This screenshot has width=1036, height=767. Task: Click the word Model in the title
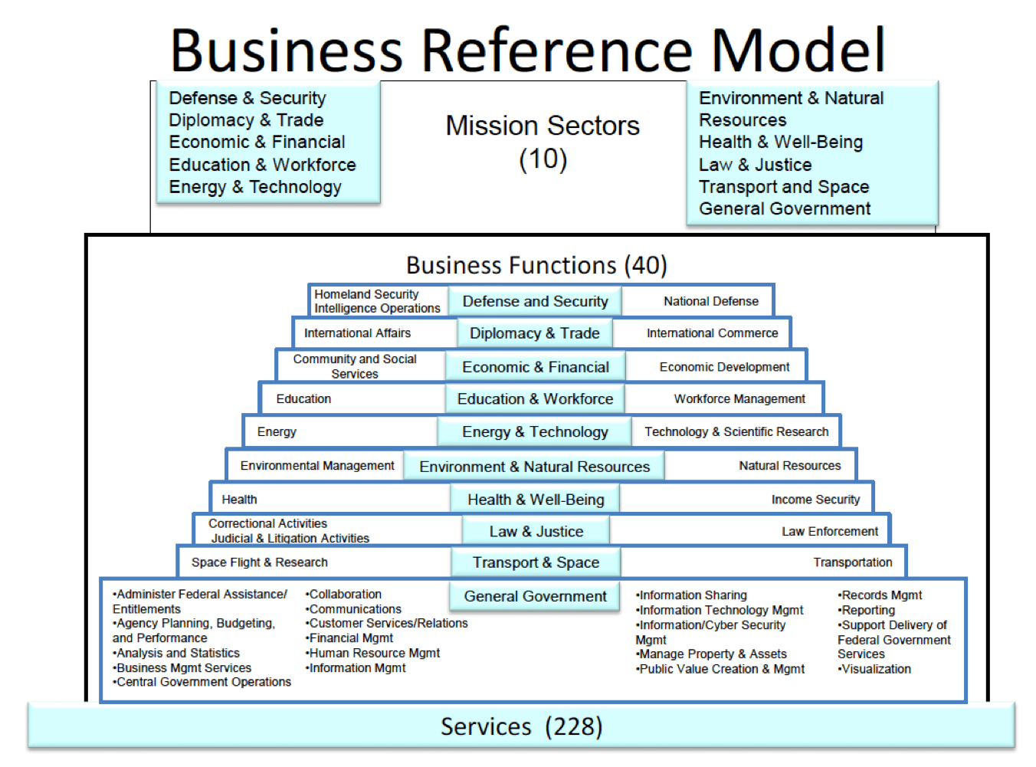tap(798, 50)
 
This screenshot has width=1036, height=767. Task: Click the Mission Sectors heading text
tap(543, 126)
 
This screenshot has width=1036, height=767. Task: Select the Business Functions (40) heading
tap(536, 265)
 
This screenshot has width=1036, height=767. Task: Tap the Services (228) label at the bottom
tap(521, 726)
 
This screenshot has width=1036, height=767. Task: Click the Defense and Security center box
tap(535, 301)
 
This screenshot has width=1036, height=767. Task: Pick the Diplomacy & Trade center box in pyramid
tap(534, 333)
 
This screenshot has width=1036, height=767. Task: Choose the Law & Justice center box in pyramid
tap(536, 531)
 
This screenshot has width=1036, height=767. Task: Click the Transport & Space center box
tap(536, 562)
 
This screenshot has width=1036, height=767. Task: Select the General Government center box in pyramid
tap(535, 596)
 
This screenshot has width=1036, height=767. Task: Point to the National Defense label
tap(711, 301)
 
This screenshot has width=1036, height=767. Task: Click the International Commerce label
tap(712, 333)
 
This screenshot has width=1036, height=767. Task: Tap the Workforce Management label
tap(739, 399)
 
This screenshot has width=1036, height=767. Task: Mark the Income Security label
tap(815, 500)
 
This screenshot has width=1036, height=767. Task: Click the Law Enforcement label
tap(830, 532)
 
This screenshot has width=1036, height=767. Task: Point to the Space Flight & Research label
tap(260, 562)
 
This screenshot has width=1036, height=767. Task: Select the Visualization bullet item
tap(876, 669)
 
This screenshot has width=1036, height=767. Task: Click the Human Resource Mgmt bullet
tap(374, 654)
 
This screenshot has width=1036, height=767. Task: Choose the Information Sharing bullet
tap(693, 595)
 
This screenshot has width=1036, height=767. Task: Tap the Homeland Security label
tap(366, 294)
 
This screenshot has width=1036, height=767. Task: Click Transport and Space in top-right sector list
tap(784, 187)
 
